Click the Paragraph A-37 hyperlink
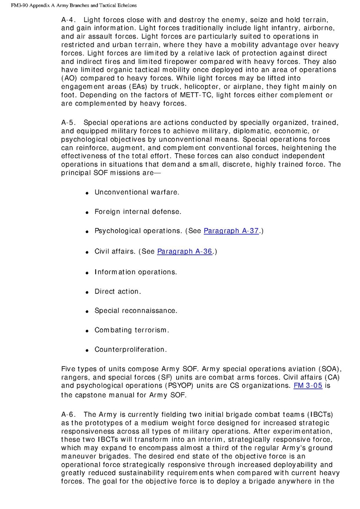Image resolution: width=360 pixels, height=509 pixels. [231, 231]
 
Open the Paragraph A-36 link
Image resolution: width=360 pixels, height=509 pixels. [184, 251]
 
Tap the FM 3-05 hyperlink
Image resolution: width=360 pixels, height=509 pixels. [308, 386]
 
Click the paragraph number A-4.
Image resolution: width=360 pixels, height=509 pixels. [68, 20]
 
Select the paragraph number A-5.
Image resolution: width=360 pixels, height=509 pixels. [68, 123]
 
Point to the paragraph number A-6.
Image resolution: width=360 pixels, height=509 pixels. [68, 414]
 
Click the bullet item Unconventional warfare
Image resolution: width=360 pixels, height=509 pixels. [137, 192]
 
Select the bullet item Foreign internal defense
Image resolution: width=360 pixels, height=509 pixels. [137, 211]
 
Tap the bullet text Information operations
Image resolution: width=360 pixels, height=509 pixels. [135, 272]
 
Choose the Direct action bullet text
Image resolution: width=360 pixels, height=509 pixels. [117, 291]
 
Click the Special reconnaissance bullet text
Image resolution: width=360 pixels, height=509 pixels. [136, 310]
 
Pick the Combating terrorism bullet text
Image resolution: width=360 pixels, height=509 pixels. [131, 330]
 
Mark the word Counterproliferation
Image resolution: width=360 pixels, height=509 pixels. [130, 350]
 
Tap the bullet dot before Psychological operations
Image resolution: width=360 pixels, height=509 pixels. [87, 232]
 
